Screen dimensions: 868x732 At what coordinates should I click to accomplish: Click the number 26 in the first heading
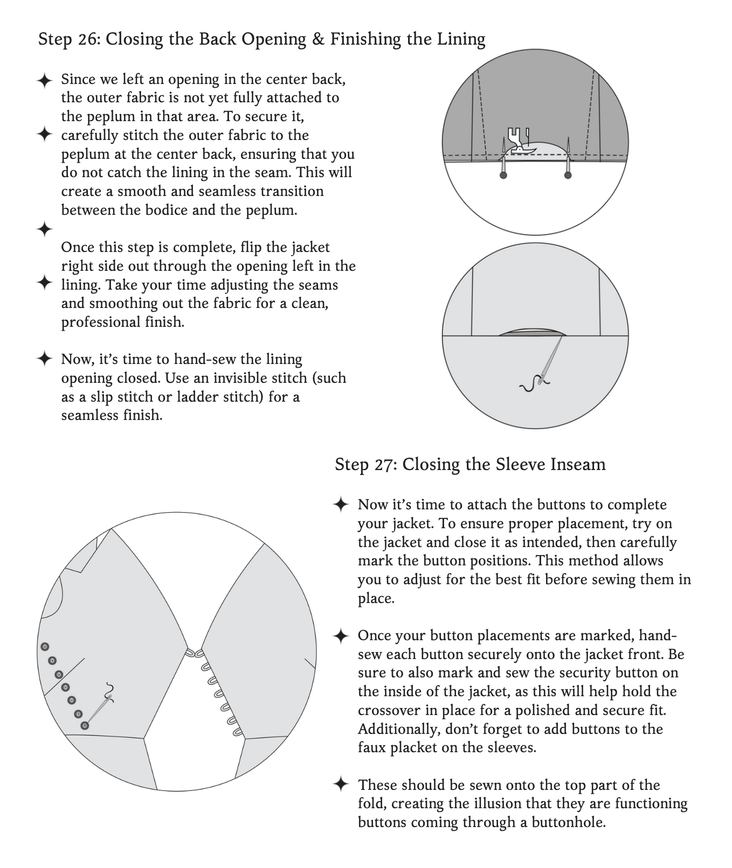pyautogui.click(x=85, y=39)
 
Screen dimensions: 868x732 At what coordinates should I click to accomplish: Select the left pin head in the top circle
pyautogui.click(x=503, y=176)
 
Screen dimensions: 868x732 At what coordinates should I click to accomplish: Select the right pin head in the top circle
pyautogui.click(x=568, y=175)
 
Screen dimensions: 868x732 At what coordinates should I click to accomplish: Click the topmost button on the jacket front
pyautogui.click(x=45, y=647)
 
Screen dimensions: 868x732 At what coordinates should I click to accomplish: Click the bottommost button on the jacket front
pyautogui.click(x=85, y=726)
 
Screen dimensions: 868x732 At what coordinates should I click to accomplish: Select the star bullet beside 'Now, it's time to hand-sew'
pyautogui.click(x=45, y=359)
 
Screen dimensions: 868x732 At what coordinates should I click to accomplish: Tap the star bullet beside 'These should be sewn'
pyautogui.click(x=341, y=784)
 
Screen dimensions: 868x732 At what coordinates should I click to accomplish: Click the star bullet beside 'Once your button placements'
pyautogui.click(x=341, y=635)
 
